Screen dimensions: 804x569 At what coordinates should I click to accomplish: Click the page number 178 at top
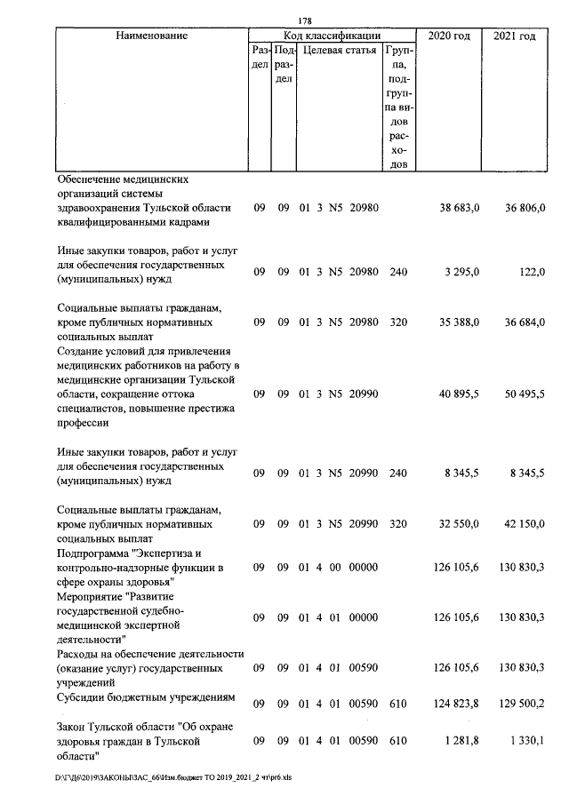[x=304, y=22]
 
